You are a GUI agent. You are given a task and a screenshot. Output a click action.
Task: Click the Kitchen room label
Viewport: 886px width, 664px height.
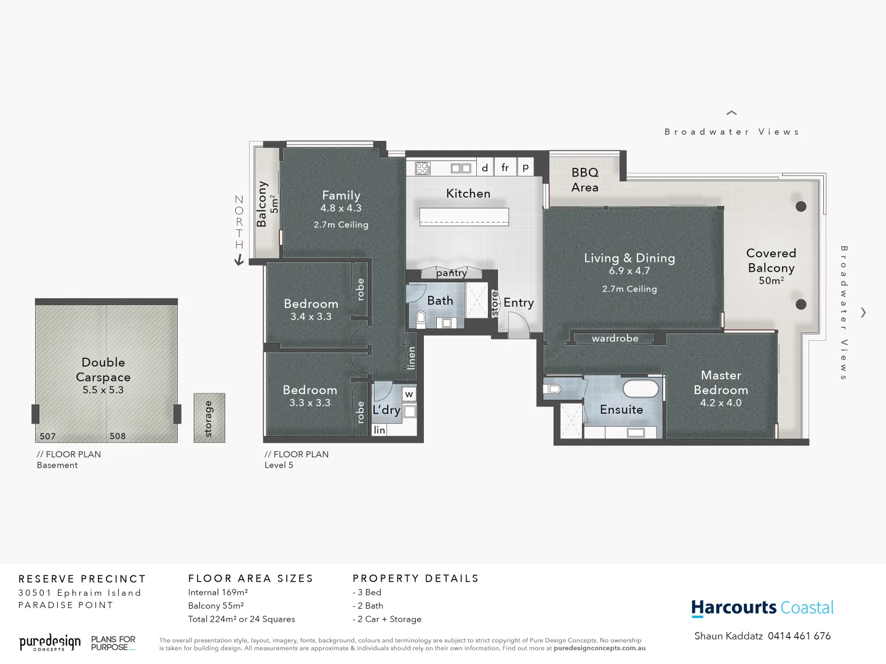point(468,194)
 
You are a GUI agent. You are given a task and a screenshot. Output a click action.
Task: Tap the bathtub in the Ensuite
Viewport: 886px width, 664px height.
point(640,389)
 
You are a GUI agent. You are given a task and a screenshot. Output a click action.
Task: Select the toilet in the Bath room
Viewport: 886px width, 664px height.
point(421,318)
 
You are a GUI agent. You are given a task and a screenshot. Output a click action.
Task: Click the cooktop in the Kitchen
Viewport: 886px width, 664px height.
point(423,168)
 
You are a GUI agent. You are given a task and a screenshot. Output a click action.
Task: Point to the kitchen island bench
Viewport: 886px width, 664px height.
point(465,216)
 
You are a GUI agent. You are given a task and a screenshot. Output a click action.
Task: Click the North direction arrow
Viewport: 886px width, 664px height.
point(239,260)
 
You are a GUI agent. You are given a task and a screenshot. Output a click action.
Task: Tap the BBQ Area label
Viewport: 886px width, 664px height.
point(585,180)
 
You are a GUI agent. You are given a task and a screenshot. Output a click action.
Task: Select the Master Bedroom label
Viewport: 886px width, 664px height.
point(720,382)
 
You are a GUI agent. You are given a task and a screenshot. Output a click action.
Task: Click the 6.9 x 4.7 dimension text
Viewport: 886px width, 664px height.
point(629,271)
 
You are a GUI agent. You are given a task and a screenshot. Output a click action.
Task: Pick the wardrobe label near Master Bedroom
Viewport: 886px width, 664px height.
point(615,338)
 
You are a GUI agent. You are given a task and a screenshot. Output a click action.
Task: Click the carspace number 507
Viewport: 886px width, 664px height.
point(47,437)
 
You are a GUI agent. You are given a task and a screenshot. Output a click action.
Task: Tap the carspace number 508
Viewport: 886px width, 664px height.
point(118,437)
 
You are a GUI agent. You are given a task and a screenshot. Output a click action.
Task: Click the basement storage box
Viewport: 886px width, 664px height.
point(209,418)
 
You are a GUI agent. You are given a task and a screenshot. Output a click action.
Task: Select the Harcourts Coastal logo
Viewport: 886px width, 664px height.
point(762,608)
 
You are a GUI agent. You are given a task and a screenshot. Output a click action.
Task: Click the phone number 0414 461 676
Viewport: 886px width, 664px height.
point(799,636)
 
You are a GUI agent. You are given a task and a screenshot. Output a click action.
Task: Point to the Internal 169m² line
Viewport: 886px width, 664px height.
point(218,593)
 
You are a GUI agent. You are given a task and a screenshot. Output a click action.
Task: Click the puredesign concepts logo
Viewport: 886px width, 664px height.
point(50,643)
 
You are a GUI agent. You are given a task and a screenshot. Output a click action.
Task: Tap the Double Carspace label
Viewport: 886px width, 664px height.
point(103,370)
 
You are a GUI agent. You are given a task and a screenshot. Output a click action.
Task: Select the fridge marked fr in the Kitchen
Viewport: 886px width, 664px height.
point(505,167)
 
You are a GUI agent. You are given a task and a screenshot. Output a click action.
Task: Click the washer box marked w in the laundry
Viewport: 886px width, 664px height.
point(409,394)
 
